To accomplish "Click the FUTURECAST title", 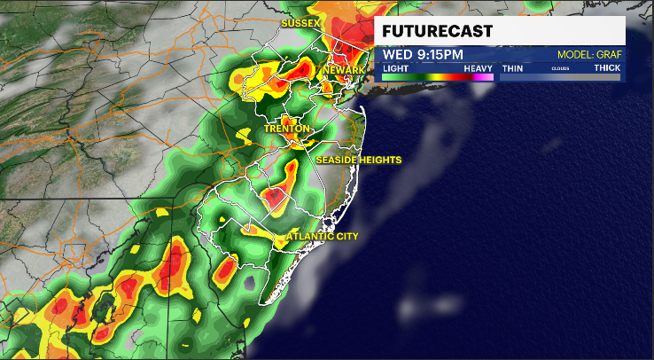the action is click(437, 32).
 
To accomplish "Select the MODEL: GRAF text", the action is click(588, 55).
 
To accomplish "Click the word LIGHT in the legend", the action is click(395, 67).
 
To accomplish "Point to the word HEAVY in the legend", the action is click(479, 67).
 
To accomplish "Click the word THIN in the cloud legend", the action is click(512, 67).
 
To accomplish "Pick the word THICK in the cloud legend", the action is click(607, 67).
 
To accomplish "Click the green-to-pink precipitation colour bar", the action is click(438, 77).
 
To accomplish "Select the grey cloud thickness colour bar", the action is click(560, 77).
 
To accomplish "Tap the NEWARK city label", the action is click(345, 70).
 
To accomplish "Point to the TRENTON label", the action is click(287, 129).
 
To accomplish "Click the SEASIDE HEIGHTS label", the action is click(359, 160).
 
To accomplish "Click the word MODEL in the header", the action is click(573, 55).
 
